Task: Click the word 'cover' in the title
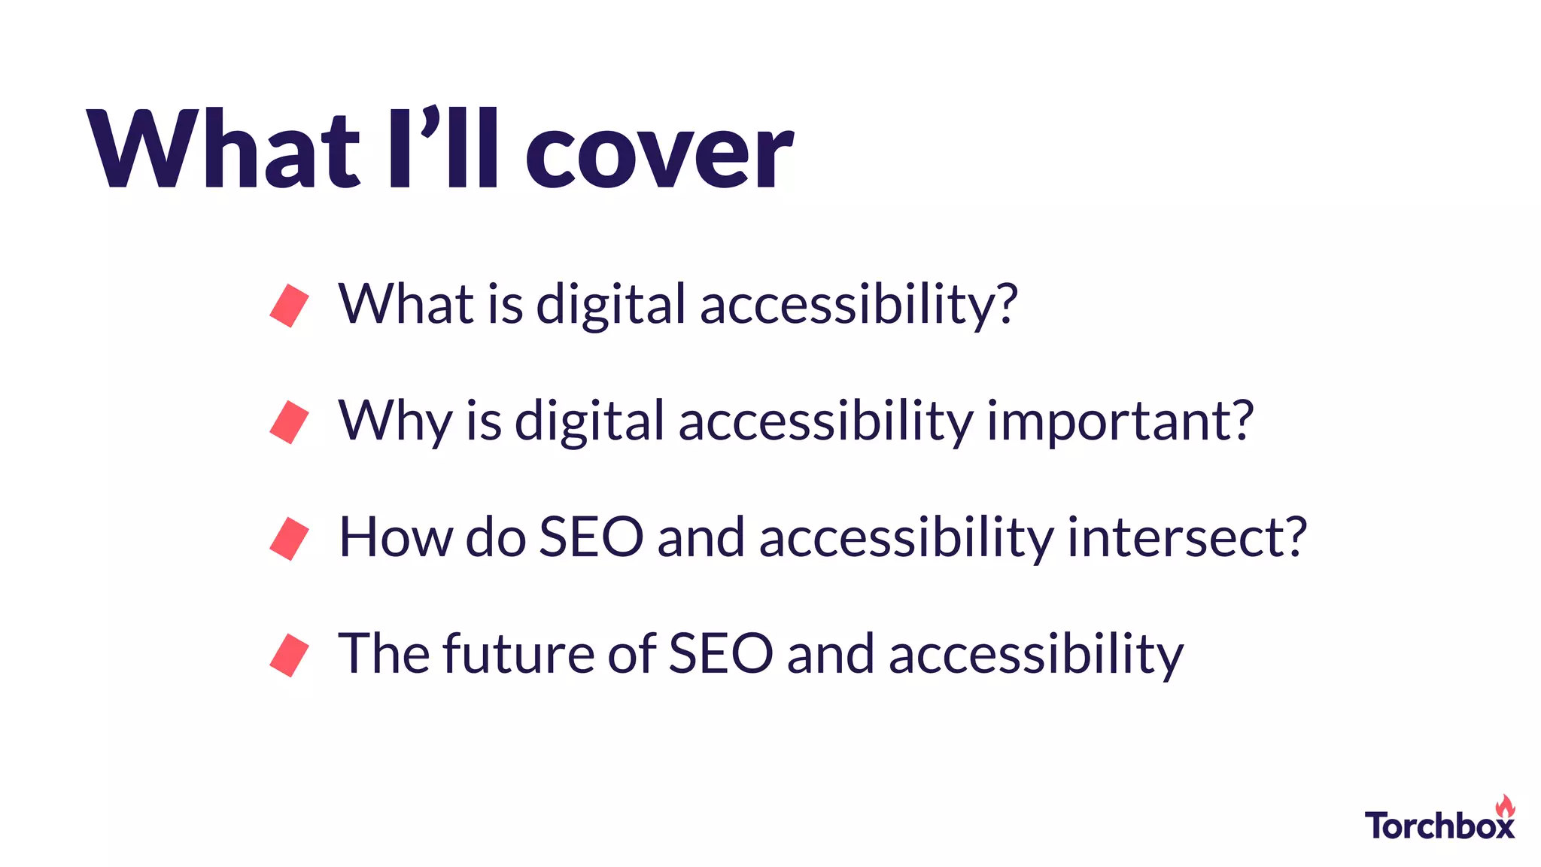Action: point(658,154)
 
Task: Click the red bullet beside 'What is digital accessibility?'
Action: point(290,306)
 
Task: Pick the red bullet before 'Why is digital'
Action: point(290,422)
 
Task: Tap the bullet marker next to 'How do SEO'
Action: point(290,539)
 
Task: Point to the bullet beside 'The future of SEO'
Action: point(290,656)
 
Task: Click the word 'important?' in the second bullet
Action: point(1120,421)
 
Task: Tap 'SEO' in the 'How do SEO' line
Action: point(591,537)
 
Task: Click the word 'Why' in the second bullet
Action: point(395,421)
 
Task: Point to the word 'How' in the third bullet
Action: point(395,537)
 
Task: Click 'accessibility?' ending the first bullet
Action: point(859,306)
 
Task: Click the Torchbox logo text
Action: point(1439,826)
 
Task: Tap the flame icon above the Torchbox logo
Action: point(1505,806)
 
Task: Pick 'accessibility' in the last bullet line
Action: point(1036,655)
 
